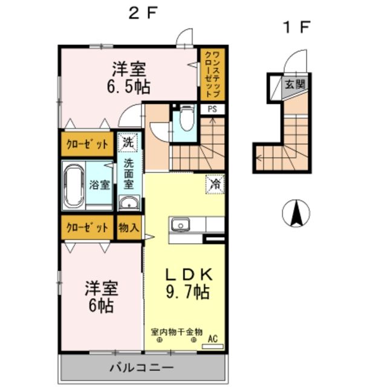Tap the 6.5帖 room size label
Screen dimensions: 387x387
[x=129, y=86]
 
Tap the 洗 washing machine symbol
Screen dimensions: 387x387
[x=128, y=143]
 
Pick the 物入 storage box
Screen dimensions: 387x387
[x=128, y=228]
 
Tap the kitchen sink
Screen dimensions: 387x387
[x=180, y=226]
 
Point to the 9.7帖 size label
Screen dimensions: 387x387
[x=188, y=293]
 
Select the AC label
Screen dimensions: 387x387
[x=212, y=339]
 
